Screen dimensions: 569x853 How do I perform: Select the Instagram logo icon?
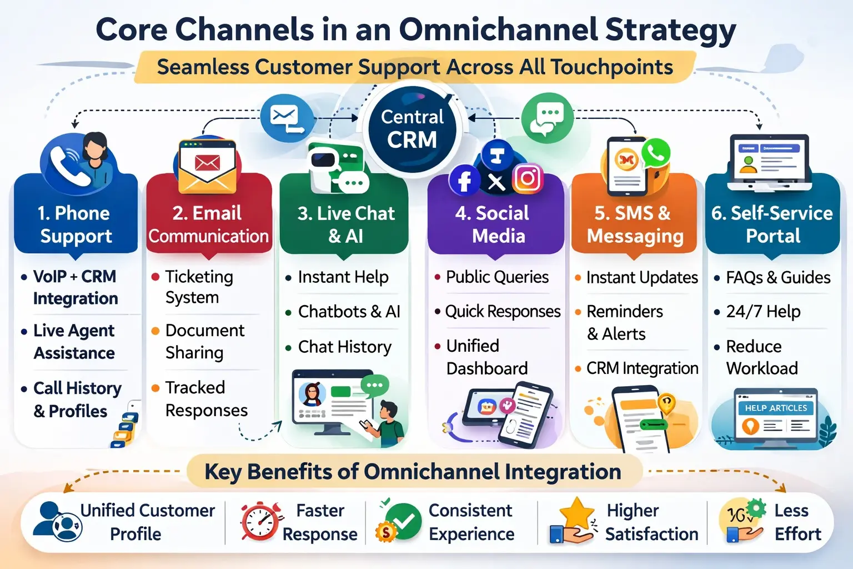(527, 178)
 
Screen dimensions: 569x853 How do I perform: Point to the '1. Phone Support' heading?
(76, 224)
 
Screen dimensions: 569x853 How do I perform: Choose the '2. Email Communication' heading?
(208, 224)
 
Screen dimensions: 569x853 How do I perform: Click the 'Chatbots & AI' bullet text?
(349, 312)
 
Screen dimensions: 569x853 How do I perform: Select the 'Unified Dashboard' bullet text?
(486, 357)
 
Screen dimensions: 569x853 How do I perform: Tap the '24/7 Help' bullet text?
(763, 312)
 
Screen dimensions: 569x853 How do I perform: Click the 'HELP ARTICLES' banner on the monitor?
(776, 408)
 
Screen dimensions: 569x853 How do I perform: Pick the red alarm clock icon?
(258, 522)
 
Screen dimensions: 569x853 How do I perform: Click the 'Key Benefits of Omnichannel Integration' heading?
(413, 472)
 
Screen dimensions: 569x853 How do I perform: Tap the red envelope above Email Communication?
(207, 163)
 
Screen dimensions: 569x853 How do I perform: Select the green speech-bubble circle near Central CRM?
(547, 118)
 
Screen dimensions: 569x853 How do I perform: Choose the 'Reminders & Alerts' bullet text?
(624, 323)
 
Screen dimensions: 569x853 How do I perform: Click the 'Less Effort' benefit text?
(797, 522)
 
